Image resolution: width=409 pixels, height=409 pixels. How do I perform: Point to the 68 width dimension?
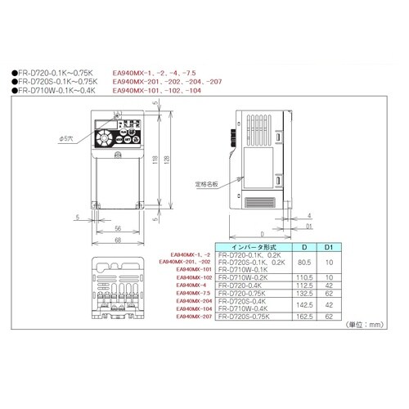pyautogui.click(x=118, y=239)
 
